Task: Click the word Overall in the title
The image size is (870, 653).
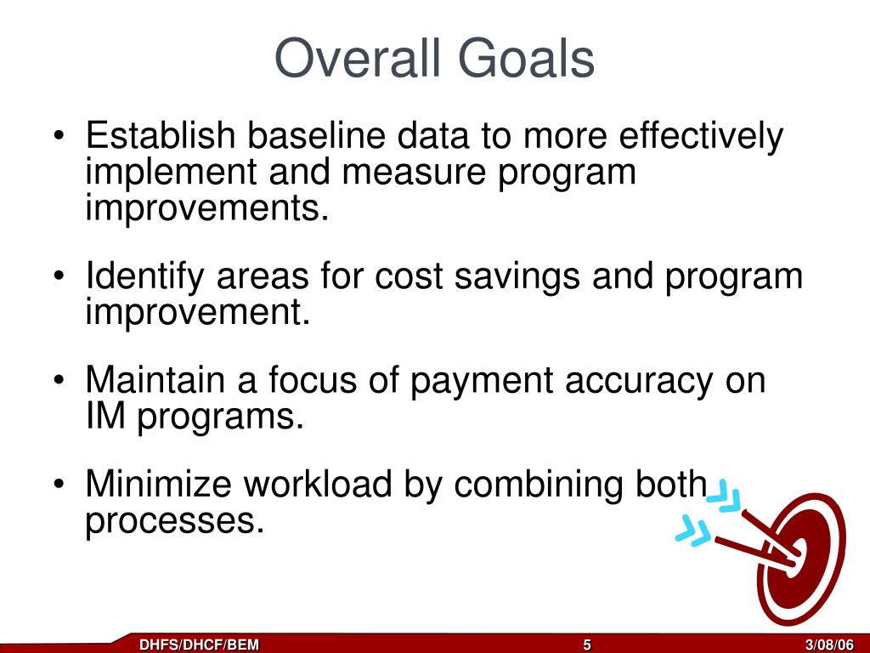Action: (x=358, y=58)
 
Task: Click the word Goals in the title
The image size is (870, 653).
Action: (x=526, y=58)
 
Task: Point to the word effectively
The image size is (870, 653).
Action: (x=701, y=137)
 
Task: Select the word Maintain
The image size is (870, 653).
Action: (x=155, y=380)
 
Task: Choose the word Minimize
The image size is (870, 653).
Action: (x=159, y=484)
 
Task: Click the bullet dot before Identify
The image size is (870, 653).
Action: (x=59, y=276)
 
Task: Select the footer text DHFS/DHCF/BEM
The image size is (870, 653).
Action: (x=199, y=644)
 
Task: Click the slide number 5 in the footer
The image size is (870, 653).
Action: (x=587, y=644)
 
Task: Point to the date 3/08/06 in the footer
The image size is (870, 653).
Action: (x=829, y=644)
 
